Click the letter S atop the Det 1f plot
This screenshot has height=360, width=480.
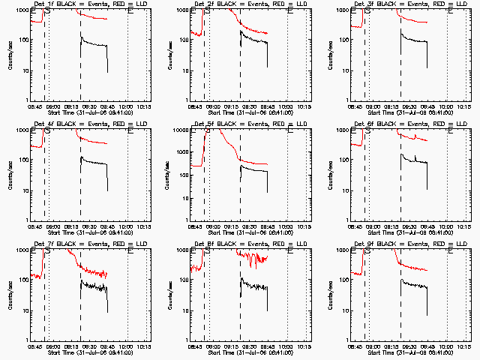pos(49,12)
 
